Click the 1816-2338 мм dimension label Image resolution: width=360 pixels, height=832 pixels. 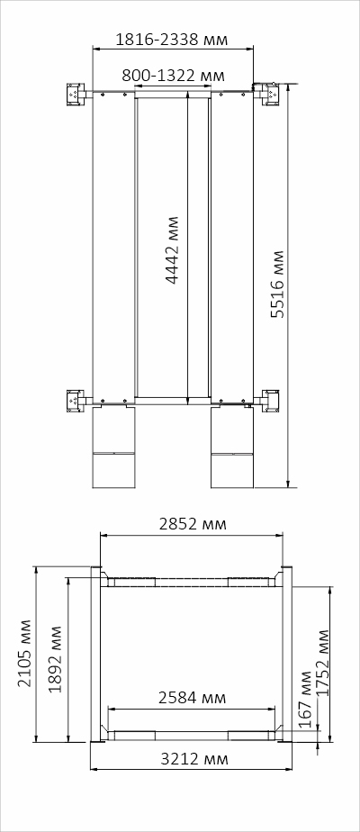pyautogui.click(x=171, y=39)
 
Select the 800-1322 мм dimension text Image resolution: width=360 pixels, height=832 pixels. pyautogui.click(x=173, y=76)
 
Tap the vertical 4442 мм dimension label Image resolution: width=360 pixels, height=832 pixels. pyautogui.click(x=173, y=250)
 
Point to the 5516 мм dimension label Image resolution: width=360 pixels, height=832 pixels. pyautogui.click(x=277, y=285)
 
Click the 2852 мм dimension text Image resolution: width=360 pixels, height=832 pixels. pyautogui.click(x=193, y=524)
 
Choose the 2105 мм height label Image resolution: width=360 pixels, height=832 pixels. pyautogui.click(x=25, y=653)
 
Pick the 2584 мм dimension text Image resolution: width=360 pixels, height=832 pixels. pyautogui.click(x=192, y=698)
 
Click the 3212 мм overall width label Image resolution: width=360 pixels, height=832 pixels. pyautogui.click(x=194, y=759)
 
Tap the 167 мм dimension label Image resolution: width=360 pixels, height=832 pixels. pyautogui.click(x=304, y=700)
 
